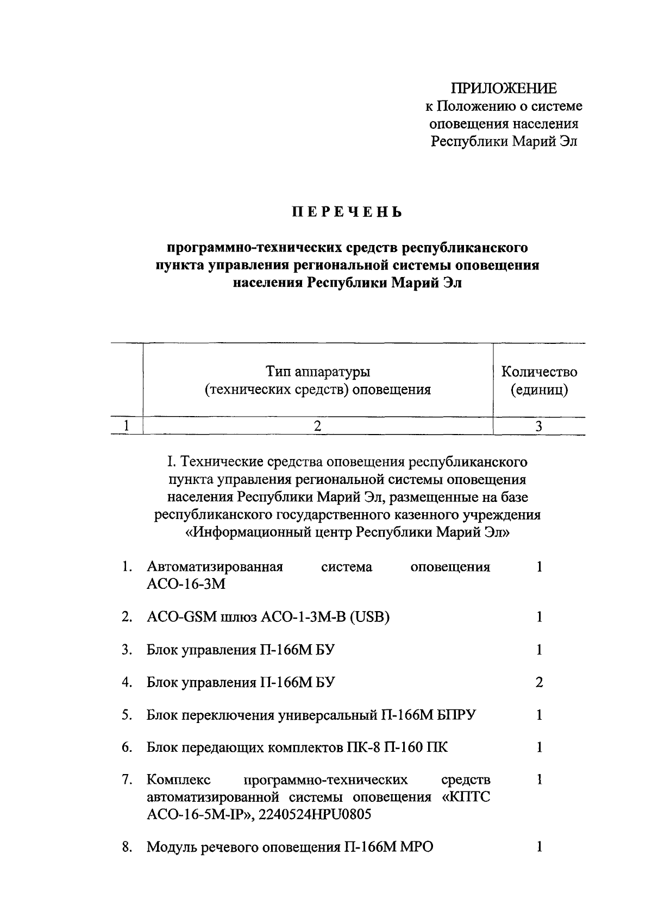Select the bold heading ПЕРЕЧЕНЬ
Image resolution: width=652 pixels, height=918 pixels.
click(x=347, y=212)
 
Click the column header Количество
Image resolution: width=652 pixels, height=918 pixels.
click(x=539, y=372)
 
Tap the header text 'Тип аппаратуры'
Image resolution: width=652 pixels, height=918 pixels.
click(x=318, y=372)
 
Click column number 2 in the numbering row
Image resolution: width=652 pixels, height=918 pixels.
click(x=317, y=426)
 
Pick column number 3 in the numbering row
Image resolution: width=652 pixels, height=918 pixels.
click(x=538, y=426)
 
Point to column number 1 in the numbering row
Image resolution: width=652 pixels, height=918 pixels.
click(x=126, y=426)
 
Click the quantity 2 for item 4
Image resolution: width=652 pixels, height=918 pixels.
click(x=539, y=683)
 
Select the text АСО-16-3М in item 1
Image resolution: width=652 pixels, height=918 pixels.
click(x=186, y=584)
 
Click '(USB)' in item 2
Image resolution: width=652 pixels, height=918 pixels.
click(x=369, y=617)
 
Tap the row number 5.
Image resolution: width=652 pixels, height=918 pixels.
click(x=127, y=715)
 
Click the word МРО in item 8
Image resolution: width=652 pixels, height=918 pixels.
click(x=417, y=847)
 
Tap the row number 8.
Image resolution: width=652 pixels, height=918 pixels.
click(x=127, y=847)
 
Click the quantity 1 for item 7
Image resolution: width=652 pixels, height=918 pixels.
click(x=539, y=781)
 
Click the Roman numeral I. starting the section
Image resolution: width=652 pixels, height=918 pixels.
click(x=171, y=462)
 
